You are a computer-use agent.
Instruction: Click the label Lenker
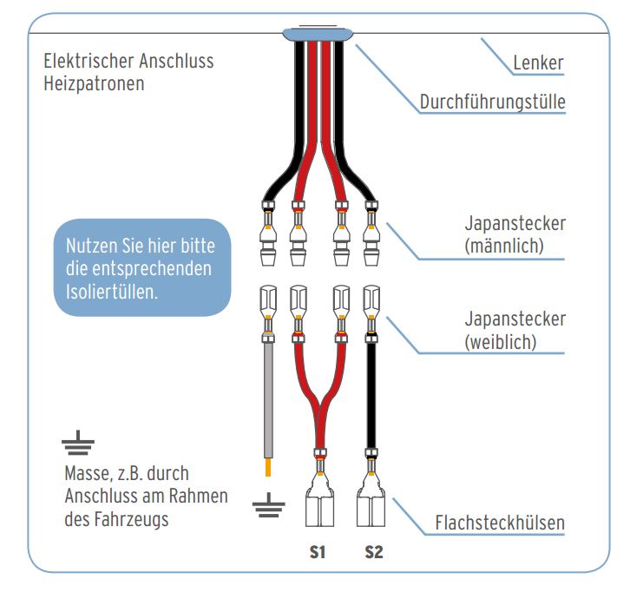click(x=538, y=63)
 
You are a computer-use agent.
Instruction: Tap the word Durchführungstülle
click(x=492, y=102)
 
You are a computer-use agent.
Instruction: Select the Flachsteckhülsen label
click(x=499, y=523)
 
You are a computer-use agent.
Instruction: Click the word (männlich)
click(x=503, y=246)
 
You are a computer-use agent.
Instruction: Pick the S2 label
click(x=372, y=551)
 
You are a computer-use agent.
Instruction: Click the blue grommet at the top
click(x=318, y=35)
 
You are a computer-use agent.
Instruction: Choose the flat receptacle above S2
click(x=372, y=508)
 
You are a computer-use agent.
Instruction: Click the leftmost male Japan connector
click(x=269, y=234)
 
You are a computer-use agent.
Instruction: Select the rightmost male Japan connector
click(x=372, y=234)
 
